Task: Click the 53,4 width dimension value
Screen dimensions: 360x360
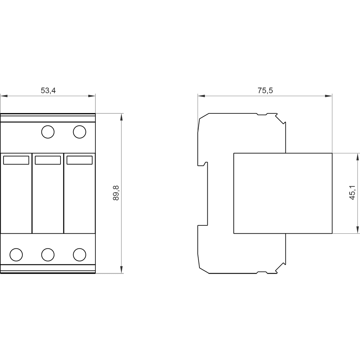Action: click(x=48, y=90)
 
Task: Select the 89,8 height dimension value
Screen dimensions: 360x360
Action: click(x=116, y=193)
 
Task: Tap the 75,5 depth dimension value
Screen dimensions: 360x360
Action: click(x=265, y=90)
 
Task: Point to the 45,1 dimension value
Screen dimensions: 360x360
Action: click(x=352, y=193)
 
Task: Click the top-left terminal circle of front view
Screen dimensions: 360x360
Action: click(x=48, y=132)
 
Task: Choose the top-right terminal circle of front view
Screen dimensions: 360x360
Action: click(x=80, y=132)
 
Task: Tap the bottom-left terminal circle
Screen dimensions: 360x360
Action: click(x=16, y=255)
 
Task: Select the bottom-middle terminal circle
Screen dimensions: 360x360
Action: click(x=48, y=255)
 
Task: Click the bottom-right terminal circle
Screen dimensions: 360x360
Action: click(x=80, y=255)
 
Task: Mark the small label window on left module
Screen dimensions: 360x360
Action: click(x=16, y=160)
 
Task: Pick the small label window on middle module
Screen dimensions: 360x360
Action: click(x=48, y=160)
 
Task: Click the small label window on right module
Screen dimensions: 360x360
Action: click(x=80, y=160)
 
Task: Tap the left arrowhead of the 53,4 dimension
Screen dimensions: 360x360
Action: click(x=4, y=96)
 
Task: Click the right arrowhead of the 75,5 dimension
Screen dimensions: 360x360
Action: click(x=329, y=96)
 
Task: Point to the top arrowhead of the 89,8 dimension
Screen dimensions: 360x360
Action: click(x=121, y=117)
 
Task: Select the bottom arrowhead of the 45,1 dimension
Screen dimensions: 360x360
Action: click(x=357, y=230)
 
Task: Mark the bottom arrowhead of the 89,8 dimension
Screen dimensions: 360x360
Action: click(x=121, y=270)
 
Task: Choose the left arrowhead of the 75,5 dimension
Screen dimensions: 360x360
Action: click(x=201, y=96)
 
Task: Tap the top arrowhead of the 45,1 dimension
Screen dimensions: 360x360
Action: click(x=357, y=157)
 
